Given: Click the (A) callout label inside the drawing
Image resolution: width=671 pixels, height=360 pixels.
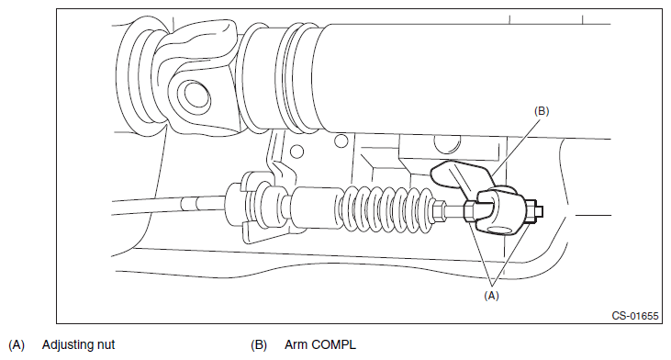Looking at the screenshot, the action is pyautogui.click(x=491, y=296).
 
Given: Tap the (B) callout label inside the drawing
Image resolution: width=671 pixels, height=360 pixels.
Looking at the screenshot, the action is pyautogui.click(x=542, y=111).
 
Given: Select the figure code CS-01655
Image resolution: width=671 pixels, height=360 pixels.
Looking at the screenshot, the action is pyautogui.click(x=635, y=316).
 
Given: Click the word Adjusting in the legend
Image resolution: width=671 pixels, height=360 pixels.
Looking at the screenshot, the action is pyautogui.click(x=67, y=345).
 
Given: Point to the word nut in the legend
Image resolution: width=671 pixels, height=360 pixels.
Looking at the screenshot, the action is pyautogui.click(x=106, y=345).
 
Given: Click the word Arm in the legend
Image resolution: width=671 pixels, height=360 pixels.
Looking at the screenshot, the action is pyautogui.click(x=296, y=344).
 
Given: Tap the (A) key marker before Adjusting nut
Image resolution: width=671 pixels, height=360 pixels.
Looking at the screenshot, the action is pyautogui.click(x=17, y=345).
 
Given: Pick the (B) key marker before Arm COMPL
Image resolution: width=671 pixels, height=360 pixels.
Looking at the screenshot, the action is pyautogui.click(x=259, y=345).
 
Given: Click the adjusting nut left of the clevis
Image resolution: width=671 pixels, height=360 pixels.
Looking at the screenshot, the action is pyautogui.click(x=469, y=211).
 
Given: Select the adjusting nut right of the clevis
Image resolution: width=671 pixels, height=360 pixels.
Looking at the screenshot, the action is pyautogui.click(x=530, y=211).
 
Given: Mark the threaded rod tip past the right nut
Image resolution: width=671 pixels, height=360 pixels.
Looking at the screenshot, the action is pyautogui.click(x=540, y=211).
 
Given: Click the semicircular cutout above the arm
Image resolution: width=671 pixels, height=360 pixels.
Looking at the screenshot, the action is pyautogui.click(x=448, y=145).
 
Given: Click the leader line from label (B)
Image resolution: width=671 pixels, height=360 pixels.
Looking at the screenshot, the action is pyautogui.click(x=515, y=147).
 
